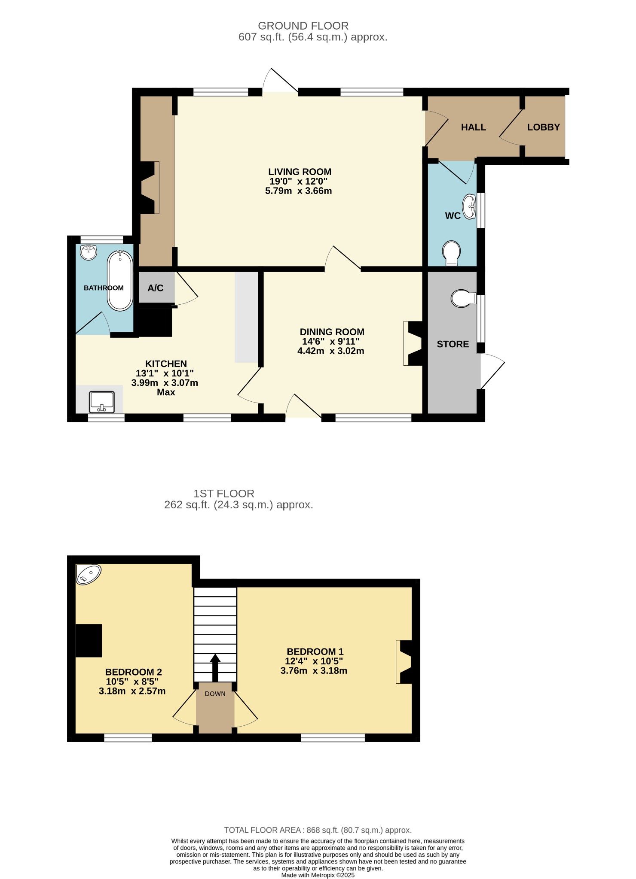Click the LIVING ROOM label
click(300, 172)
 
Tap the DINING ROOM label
click(332, 332)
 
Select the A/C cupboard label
click(156, 288)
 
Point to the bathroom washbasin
click(89, 252)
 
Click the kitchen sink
click(102, 402)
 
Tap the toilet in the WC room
click(451, 253)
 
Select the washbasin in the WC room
click(469, 206)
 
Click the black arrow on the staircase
click(215, 668)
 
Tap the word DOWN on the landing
click(215, 694)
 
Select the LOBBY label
click(544, 127)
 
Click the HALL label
click(474, 127)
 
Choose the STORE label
click(453, 344)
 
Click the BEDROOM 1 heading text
click(315, 652)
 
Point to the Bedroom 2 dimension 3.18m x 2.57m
click(132, 691)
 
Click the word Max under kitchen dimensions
click(166, 392)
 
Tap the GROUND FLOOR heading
click(303, 26)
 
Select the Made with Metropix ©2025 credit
click(318, 875)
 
